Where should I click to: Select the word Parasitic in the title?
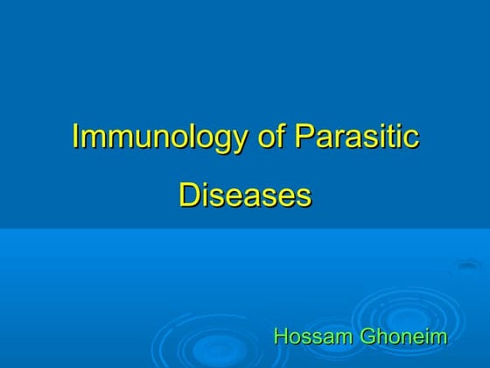[x=356, y=138]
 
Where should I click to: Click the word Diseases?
[x=245, y=195]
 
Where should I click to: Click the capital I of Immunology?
[x=75, y=138]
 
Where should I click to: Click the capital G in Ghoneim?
[x=369, y=336]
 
